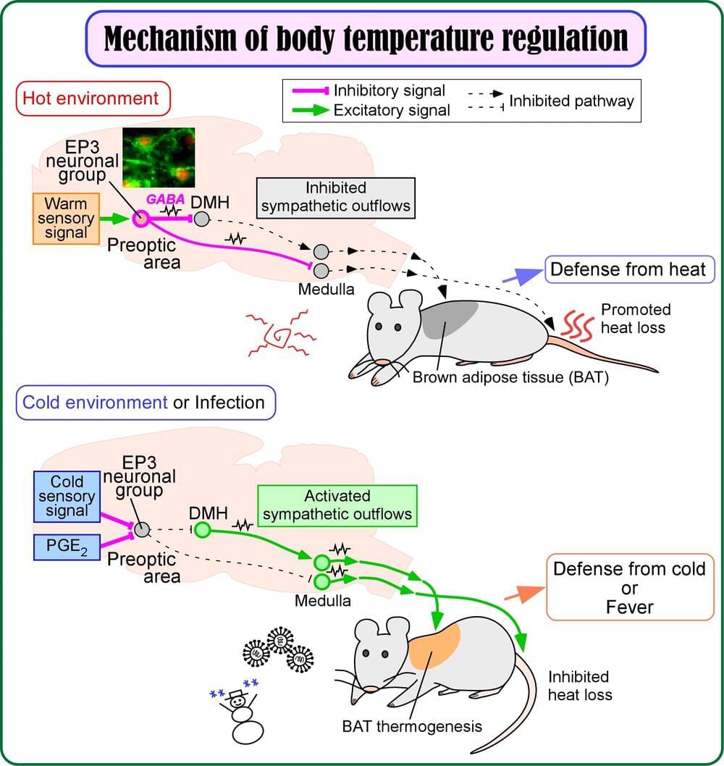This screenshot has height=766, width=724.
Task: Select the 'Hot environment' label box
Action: (x=92, y=98)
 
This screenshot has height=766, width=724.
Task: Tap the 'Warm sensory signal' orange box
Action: (x=66, y=217)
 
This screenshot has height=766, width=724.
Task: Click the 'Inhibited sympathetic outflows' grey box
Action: (x=335, y=197)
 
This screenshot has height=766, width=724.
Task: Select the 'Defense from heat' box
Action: (x=628, y=269)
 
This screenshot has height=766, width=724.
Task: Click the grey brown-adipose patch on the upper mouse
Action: (x=450, y=319)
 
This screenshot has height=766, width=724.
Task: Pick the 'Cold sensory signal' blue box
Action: (x=67, y=496)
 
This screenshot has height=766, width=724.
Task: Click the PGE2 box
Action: (x=67, y=546)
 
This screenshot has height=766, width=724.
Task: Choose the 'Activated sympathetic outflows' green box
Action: (x=337, y=505)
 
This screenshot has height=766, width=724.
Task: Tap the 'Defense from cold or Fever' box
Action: (x=629, y=587)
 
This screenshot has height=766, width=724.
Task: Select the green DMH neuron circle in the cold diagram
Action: (x=202, y=531)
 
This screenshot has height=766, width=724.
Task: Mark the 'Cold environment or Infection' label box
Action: (x=146, y=403)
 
